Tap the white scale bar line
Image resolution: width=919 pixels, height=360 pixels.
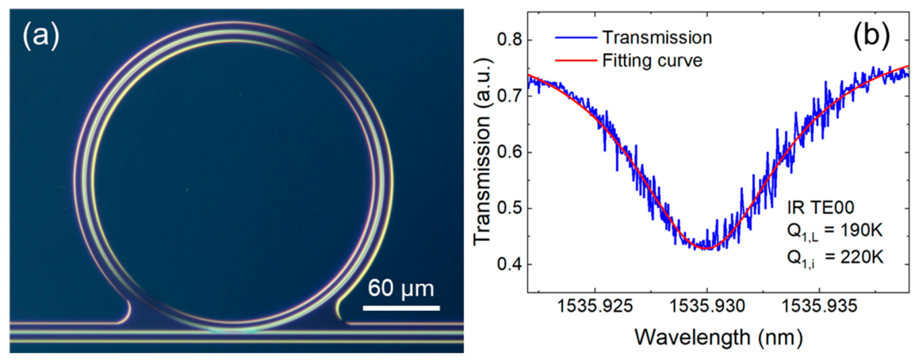pyautogui.click(x=401, y=307)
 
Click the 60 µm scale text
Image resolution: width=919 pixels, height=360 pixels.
pyautogui.click(x=401, y=289)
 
